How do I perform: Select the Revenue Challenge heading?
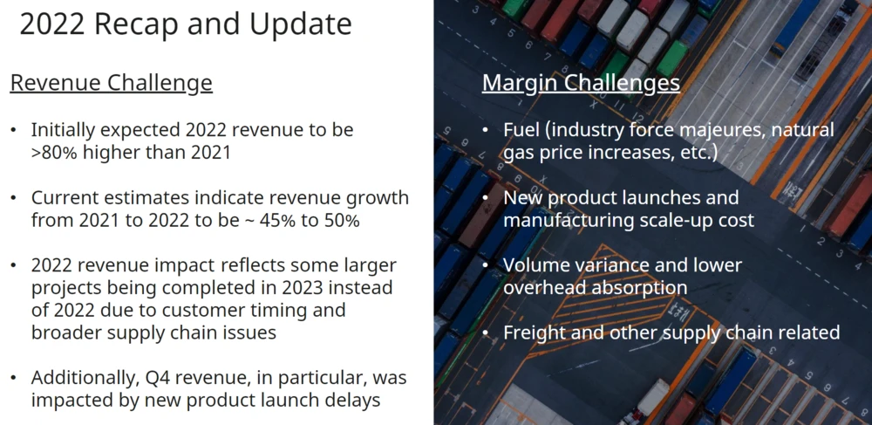(112, 83)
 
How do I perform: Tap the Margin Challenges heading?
(581, 83)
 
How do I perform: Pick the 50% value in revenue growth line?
(340, 220)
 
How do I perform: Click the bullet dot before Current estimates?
(13, 198)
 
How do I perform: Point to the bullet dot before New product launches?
(486, 197)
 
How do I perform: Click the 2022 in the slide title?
(52, 24)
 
